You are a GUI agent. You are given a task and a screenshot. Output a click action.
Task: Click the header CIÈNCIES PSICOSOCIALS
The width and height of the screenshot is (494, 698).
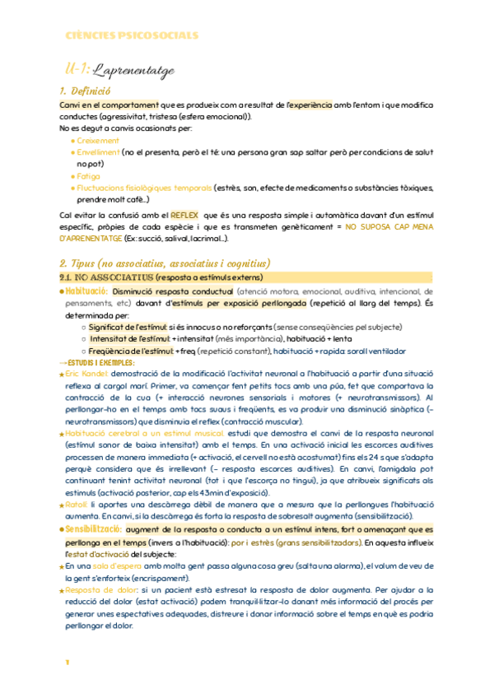132,35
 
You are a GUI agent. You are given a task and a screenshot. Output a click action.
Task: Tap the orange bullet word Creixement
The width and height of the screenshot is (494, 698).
99,141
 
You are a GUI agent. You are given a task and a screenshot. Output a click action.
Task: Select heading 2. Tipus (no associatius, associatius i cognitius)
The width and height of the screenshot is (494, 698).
165,263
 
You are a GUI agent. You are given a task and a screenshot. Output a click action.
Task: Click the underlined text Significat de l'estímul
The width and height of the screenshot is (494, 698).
128,327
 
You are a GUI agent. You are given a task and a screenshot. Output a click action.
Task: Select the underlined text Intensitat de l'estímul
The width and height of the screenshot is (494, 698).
129,338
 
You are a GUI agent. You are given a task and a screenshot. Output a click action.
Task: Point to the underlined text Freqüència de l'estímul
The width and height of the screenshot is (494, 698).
131,351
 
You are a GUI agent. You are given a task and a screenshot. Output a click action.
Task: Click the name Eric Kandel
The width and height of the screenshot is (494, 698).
87,375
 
